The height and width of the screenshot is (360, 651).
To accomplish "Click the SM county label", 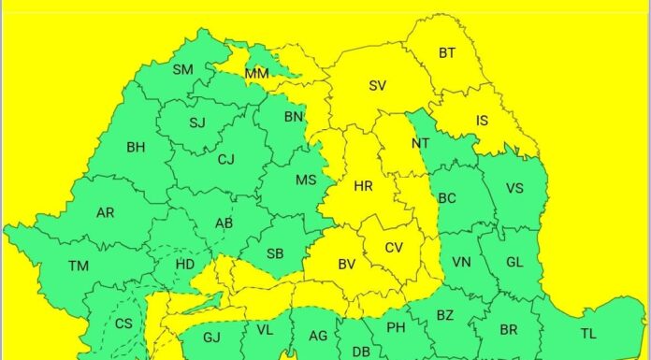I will (182, 69).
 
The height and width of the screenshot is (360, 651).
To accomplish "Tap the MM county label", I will (256, 74).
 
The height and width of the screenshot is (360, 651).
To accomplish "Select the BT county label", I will (447, 53).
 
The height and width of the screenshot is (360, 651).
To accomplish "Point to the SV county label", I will (377, 85).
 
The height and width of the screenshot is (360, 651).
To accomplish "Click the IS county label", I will (482, 121).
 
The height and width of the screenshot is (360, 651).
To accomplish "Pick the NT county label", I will (420, 143).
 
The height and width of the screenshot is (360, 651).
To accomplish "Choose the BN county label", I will (294, 117).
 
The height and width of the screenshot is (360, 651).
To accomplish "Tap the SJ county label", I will (197, 122).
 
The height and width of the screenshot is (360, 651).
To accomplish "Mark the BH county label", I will (136, 147).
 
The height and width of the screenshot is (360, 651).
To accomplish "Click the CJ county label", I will (225, 159).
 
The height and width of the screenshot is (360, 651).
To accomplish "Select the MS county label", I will (306, 180).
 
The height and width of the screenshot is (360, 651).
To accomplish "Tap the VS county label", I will (514, 188).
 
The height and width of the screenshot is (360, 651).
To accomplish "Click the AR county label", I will (105, 213).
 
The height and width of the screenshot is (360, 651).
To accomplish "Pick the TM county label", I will (79, 266).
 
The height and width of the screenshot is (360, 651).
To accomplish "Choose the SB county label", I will (275, 253).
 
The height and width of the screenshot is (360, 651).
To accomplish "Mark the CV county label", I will (394, 249).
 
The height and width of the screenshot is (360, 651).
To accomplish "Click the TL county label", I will (587, 334).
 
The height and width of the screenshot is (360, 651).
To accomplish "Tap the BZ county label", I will (444, 315).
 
